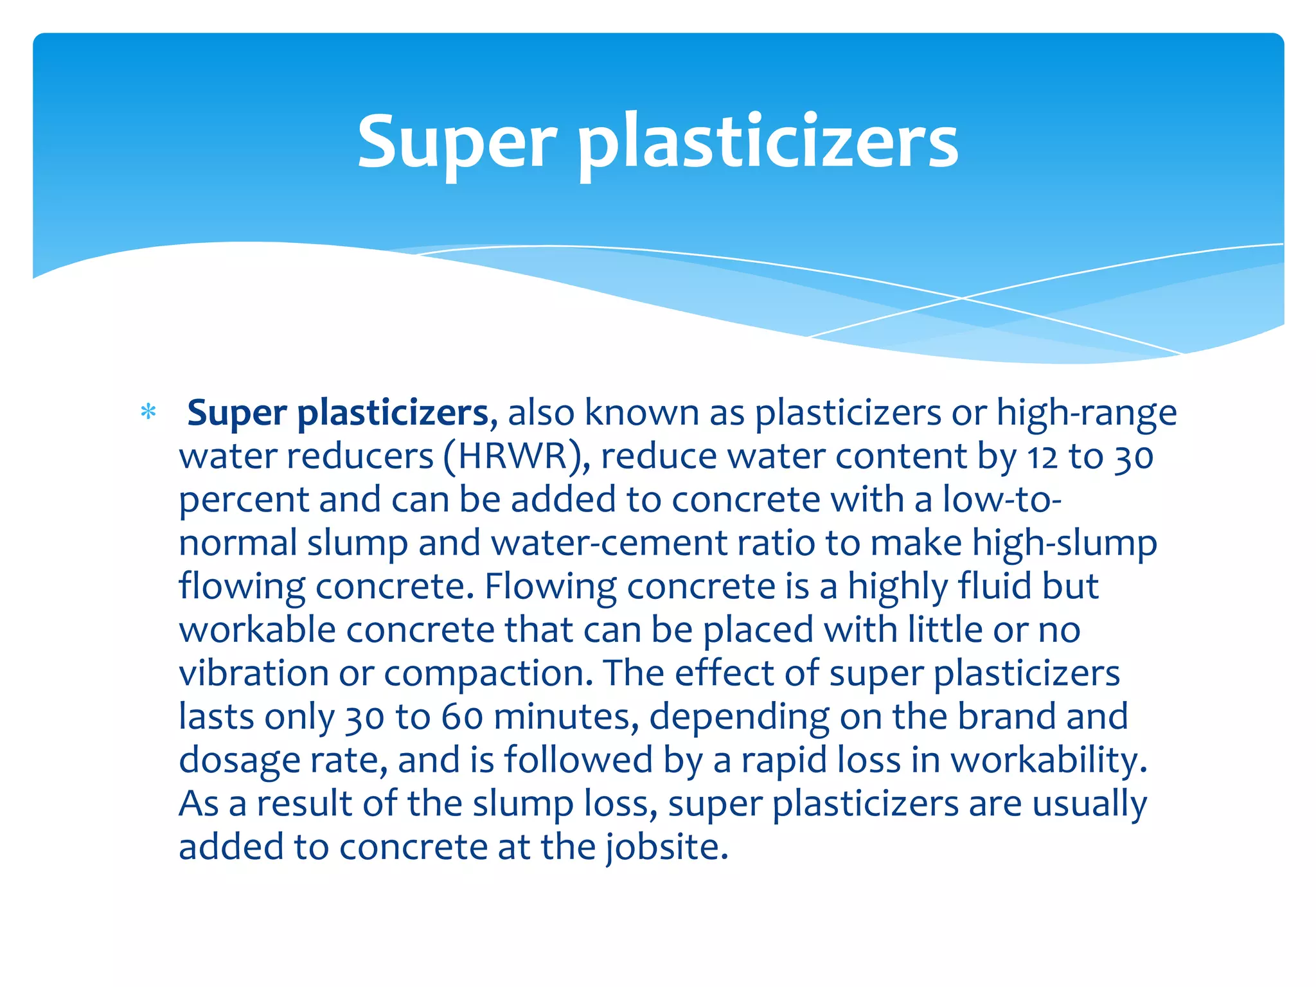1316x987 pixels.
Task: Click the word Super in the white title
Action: pos(457,143)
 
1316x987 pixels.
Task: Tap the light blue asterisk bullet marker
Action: pos(148,412)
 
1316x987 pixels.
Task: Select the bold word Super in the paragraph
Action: pos(236,413)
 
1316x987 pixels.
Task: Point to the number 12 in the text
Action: pos(1042,457)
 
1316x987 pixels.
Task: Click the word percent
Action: pos(244,501)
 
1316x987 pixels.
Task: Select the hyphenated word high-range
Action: pos(1087,413)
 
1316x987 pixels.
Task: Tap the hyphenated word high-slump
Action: pos(1064,544)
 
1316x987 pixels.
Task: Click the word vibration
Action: pos(254,673)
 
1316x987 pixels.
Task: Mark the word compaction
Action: pos(488,675)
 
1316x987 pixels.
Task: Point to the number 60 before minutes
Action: pos(462,717)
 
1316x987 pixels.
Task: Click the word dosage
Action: pos(240,761)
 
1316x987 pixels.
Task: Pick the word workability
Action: pos(1049,761)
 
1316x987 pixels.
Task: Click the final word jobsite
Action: pos(666,848)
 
